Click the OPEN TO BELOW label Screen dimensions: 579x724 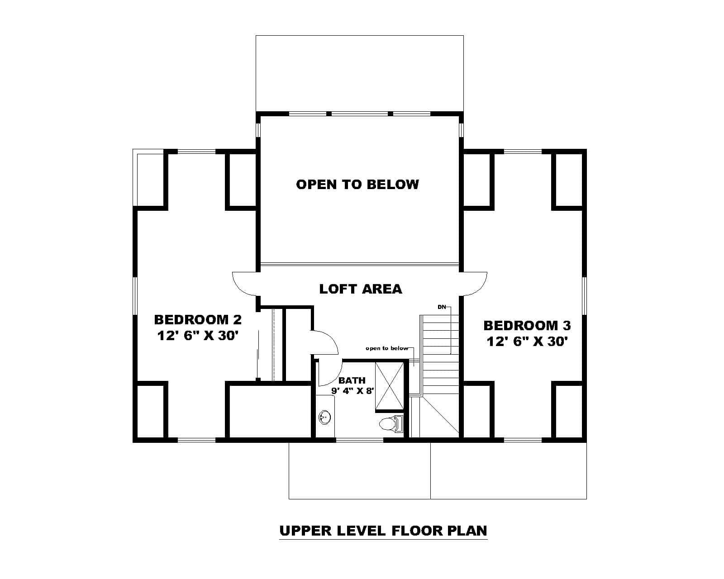357,185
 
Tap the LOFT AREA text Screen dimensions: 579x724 360,289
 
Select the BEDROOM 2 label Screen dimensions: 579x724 198,320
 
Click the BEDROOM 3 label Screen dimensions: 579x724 527,326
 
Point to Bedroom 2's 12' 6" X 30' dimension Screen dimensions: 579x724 198,336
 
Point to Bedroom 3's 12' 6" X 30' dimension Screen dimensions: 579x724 527,342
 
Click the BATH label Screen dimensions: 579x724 352,381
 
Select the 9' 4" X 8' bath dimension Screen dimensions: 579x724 352,391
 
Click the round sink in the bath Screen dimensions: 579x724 324,417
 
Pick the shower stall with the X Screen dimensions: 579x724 390,385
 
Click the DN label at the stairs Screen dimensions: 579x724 442,307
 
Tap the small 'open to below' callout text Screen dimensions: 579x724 386,348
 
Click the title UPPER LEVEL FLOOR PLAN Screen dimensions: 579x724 383,530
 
